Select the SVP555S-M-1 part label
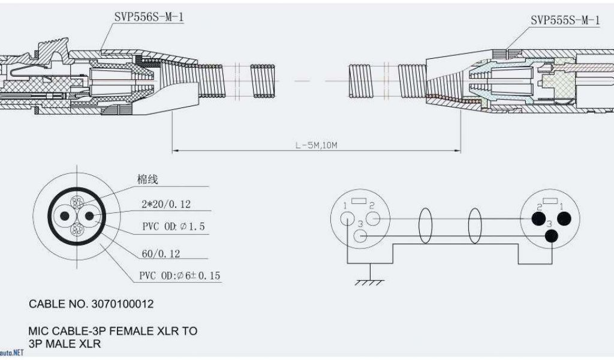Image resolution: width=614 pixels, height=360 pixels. click(x=565, y=20)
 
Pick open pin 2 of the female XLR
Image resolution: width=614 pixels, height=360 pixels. click(x=373, y=219)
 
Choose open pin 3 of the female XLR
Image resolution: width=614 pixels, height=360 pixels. click(x=360, y=235)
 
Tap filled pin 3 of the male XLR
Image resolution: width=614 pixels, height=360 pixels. click(x=551, y=235)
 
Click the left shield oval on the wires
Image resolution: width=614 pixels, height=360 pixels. click(x=426, y=226)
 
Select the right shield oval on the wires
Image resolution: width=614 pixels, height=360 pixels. click(x=475, y=226)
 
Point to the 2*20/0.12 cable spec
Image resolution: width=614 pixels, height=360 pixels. click(x=165, y=204)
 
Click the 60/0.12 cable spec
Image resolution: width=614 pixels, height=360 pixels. click(x=161, y=254)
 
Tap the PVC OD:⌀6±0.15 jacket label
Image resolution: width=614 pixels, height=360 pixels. click(x=180, y=276)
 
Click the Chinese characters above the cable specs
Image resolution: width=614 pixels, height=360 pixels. click(x=147, y=179)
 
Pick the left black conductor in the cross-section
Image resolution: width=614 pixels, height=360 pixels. click(x=64, y=215)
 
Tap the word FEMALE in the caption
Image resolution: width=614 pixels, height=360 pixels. click(x=127, y=331)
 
